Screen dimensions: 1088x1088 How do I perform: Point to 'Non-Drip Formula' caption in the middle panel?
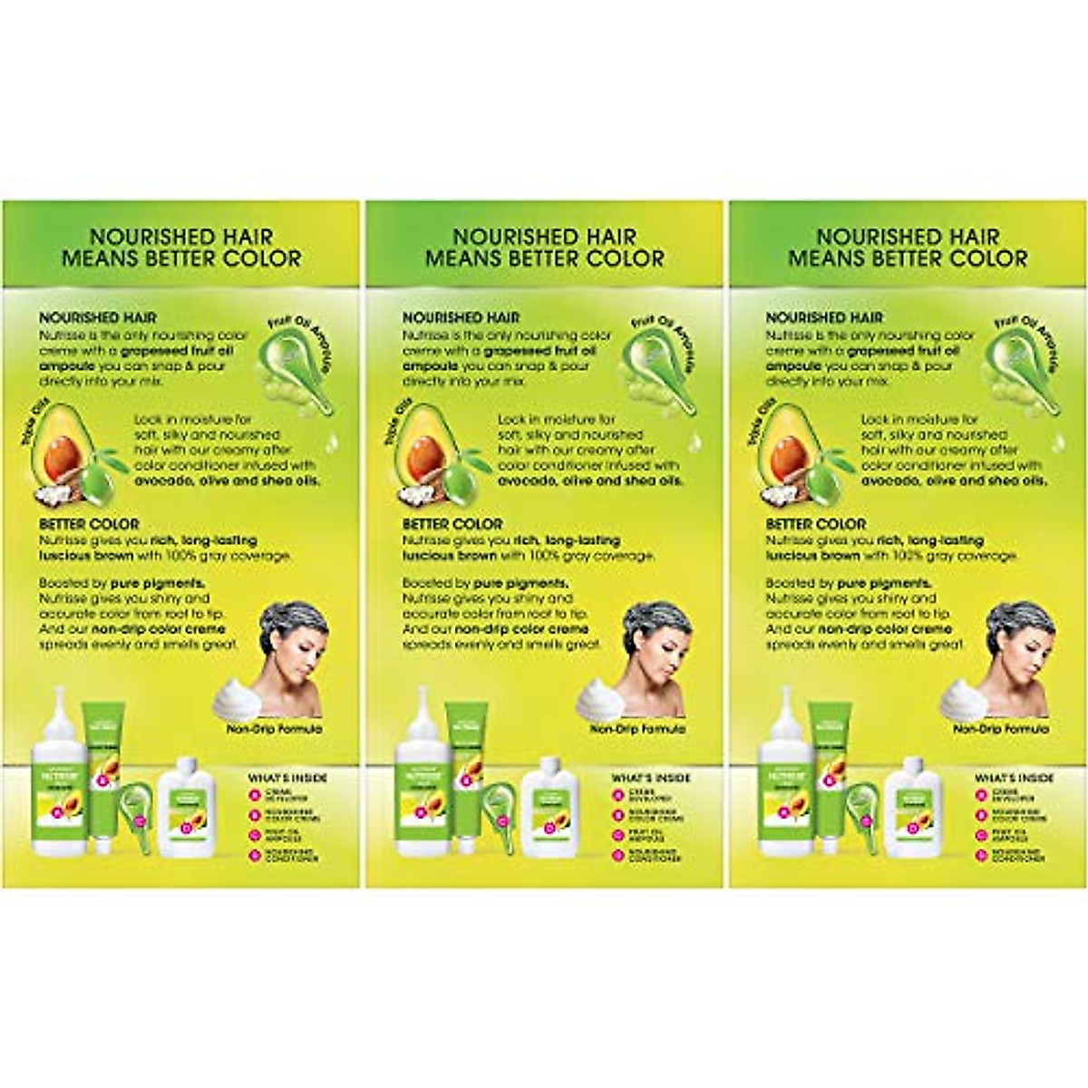point(637,728)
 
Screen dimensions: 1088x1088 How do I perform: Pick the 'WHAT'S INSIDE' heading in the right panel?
point(1014,778)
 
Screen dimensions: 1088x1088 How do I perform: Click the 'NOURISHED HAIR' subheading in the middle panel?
point(461,318)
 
